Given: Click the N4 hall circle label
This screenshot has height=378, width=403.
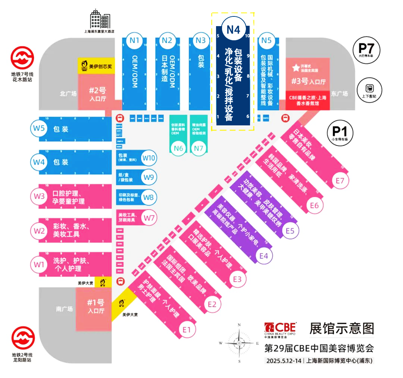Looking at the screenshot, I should pos(233,29).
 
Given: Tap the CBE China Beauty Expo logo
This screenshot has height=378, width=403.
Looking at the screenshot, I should pos(280,329).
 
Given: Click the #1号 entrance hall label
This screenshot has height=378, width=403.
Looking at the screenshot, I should pos(95,306).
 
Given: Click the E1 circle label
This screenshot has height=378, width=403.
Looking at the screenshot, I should pos(187,329).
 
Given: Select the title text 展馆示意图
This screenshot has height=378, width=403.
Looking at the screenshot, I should pos(341,328).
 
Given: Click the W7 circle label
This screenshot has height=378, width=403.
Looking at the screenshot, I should pos(149,217).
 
